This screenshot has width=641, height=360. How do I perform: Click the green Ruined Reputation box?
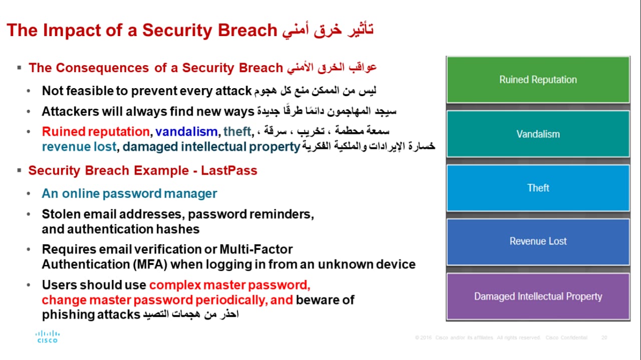pyautogui.click(x=538, y=80)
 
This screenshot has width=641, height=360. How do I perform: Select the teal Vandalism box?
pyautogui.click(x=538, y=134)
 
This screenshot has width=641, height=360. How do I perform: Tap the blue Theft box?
pyautogui.click(x=538, y=188)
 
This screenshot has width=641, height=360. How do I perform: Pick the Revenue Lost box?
pyautogui.click(x=538, y=241)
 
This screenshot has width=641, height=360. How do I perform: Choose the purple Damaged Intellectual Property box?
pyautogui.click(x=538, y=296)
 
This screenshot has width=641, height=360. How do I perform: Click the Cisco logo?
pyautogui.click(x=48, y=336)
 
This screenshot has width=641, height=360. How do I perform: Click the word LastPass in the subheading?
pyautogui.click(x=229, y=171)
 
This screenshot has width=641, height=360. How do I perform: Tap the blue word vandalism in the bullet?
pyautogui.click(x=186, y=132)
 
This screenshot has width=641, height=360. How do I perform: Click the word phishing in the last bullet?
pyautogui.click(x=68, y=315)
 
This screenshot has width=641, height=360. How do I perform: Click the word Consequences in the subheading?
pyautogui.click(x=103, y=68)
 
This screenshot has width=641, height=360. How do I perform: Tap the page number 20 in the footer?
pyautogui.click(x=604, y=337)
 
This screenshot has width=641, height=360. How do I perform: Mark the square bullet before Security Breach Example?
pyautogui.click(x=19, y=171)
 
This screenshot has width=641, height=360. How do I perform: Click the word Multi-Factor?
pyautogui.click(x=256, y=249)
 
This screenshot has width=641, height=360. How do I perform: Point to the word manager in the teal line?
pyautogui.click(x=190, y=194)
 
